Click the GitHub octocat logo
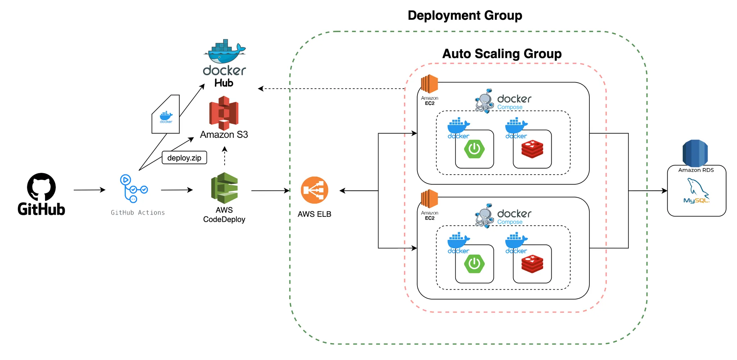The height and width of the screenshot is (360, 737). tap(41, 187)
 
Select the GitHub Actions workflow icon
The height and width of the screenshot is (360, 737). tap(134, 189)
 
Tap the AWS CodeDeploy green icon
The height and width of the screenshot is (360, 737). tap(224, 188)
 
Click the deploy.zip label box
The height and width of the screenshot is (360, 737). tap(184, 158)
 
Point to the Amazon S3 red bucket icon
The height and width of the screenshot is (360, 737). tap(224, 113)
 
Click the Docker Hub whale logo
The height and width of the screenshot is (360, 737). tap(225, 51)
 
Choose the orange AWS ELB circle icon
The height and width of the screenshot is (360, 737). tap(314, 190)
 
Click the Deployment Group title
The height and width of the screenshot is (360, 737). tap(465, 15)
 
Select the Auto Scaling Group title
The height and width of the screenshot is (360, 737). tap(502, 54)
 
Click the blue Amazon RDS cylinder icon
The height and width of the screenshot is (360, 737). tap(695, 153)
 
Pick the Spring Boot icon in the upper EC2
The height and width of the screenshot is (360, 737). tap(474, 149)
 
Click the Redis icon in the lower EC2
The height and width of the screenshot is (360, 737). tap(532, 264)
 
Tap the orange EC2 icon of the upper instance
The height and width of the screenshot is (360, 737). tap(429, 84)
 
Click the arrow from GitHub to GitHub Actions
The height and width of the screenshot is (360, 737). tap(89, 190)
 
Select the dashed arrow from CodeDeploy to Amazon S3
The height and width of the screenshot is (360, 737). tap(225, 156)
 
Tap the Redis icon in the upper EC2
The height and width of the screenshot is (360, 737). tap(532, 149)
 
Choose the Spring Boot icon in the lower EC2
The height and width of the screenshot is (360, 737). tap(474, 264)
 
